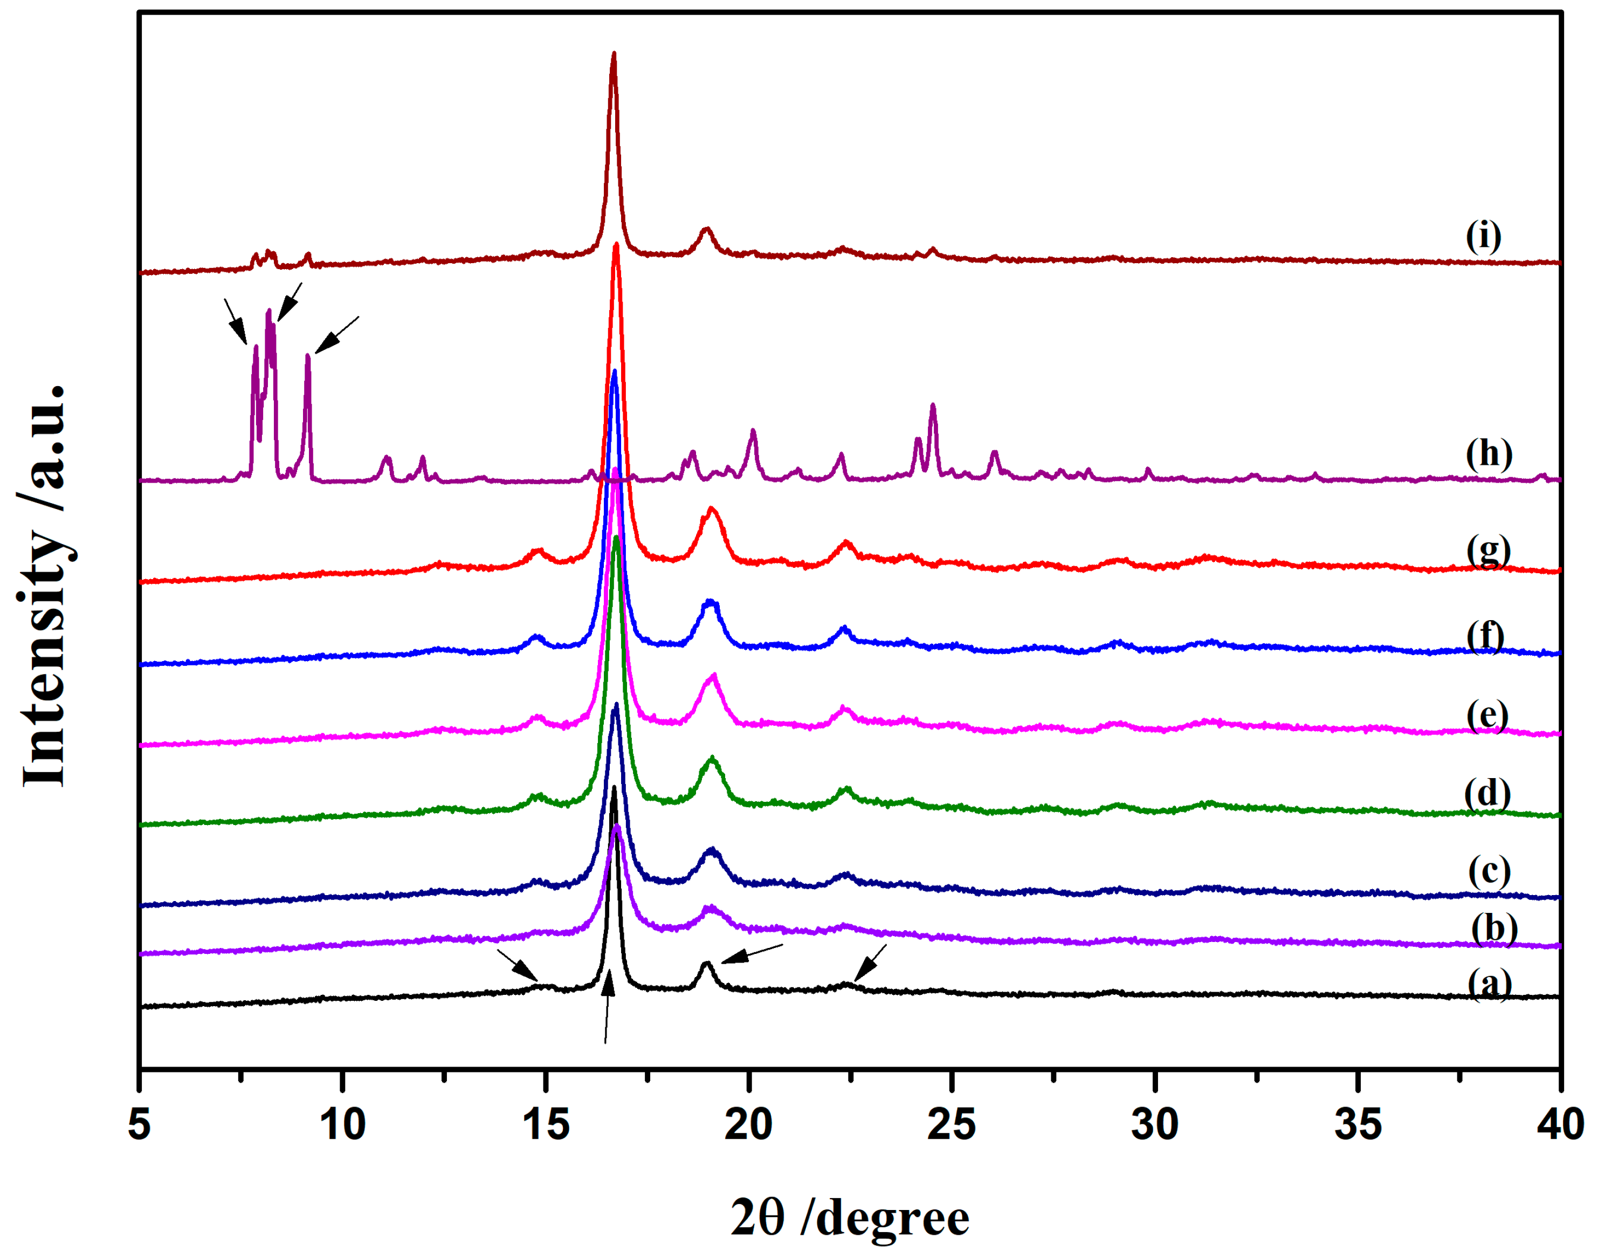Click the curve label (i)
pos(1483,236)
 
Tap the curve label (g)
pos(1487,551)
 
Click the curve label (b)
pos(1494,927)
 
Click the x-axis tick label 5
pos(139,1125)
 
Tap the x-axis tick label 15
pos(546,1125)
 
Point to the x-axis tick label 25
pos(952,1125)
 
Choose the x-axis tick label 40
pos(1560,1125)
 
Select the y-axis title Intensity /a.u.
pos(44,586)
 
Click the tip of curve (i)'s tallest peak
pos(614,54)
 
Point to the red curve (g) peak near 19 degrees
pos(711,509)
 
